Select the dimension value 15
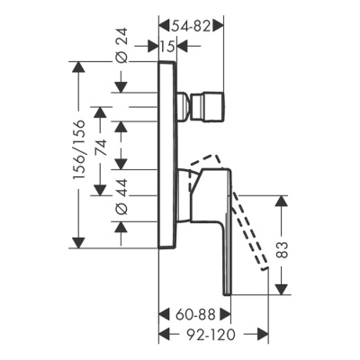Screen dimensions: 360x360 click(168, 47)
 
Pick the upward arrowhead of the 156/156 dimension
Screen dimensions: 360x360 click(78, 67)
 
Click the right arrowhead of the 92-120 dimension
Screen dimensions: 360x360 click(266, 334)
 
